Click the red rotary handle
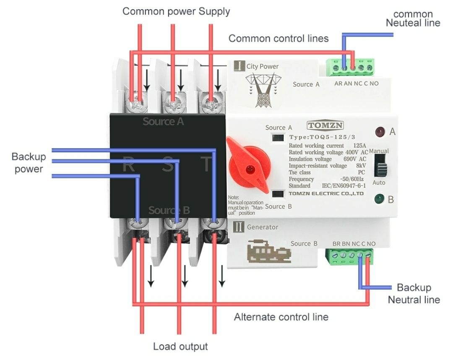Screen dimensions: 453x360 [249, 167]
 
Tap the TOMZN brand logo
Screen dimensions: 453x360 [325, 125]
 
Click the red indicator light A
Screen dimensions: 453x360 [380, 132]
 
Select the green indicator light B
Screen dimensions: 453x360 [379, 199]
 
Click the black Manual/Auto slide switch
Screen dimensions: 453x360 [380, 165]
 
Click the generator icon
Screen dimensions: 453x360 [269, 251]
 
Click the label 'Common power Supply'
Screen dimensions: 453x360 [176, 12]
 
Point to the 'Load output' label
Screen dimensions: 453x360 [180, 347]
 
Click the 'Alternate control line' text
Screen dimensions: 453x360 [281, 317]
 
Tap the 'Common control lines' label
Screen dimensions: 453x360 [279, 39]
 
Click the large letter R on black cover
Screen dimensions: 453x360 [129, 164]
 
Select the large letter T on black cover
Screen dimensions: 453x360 [206, 164]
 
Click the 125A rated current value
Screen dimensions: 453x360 [360, 146]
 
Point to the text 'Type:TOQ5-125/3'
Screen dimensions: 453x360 [322, 137]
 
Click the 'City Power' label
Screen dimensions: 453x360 [262, 66]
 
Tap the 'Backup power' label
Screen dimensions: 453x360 [29, 163]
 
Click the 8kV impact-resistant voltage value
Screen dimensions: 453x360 [361, 166]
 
